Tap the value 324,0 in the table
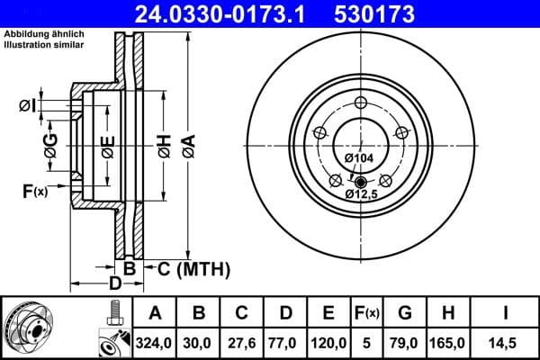click(155, 342)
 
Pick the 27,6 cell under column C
click(242, 342)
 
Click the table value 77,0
click(285, 342)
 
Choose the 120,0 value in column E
click(328, 342)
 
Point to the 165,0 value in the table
click(447, 342)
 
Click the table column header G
click(405, 313)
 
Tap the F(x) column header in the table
click(366, 313)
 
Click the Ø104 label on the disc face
click(360, 158)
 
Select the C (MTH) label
click(193, 268)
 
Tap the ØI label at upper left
click(26, 106)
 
